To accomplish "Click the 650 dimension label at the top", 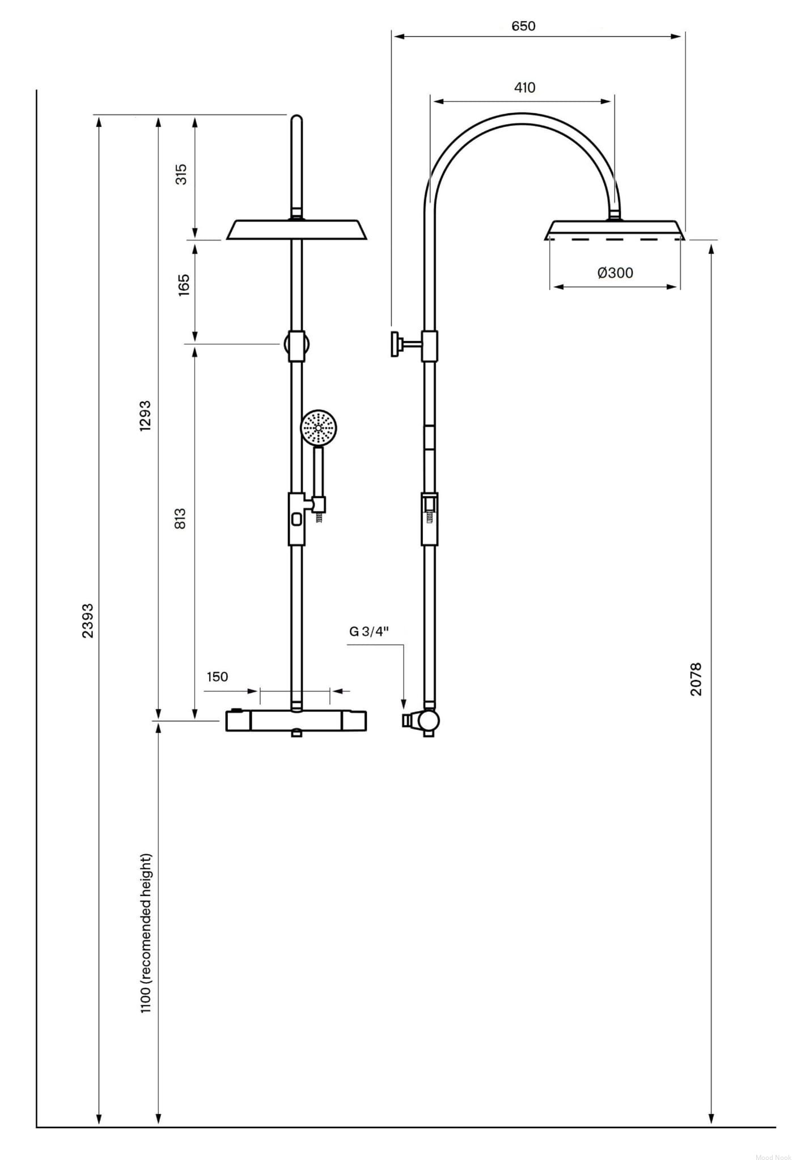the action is point(523,26).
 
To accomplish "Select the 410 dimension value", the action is point(524,88).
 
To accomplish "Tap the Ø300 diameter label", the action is point(615,273).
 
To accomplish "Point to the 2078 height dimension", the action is point(696,679).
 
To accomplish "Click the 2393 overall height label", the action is point(87,621).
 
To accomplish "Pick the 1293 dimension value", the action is point(146,416).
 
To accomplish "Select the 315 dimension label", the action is point(181,174).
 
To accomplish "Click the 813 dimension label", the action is point(181,519).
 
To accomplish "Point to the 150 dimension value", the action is point(217,677).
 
